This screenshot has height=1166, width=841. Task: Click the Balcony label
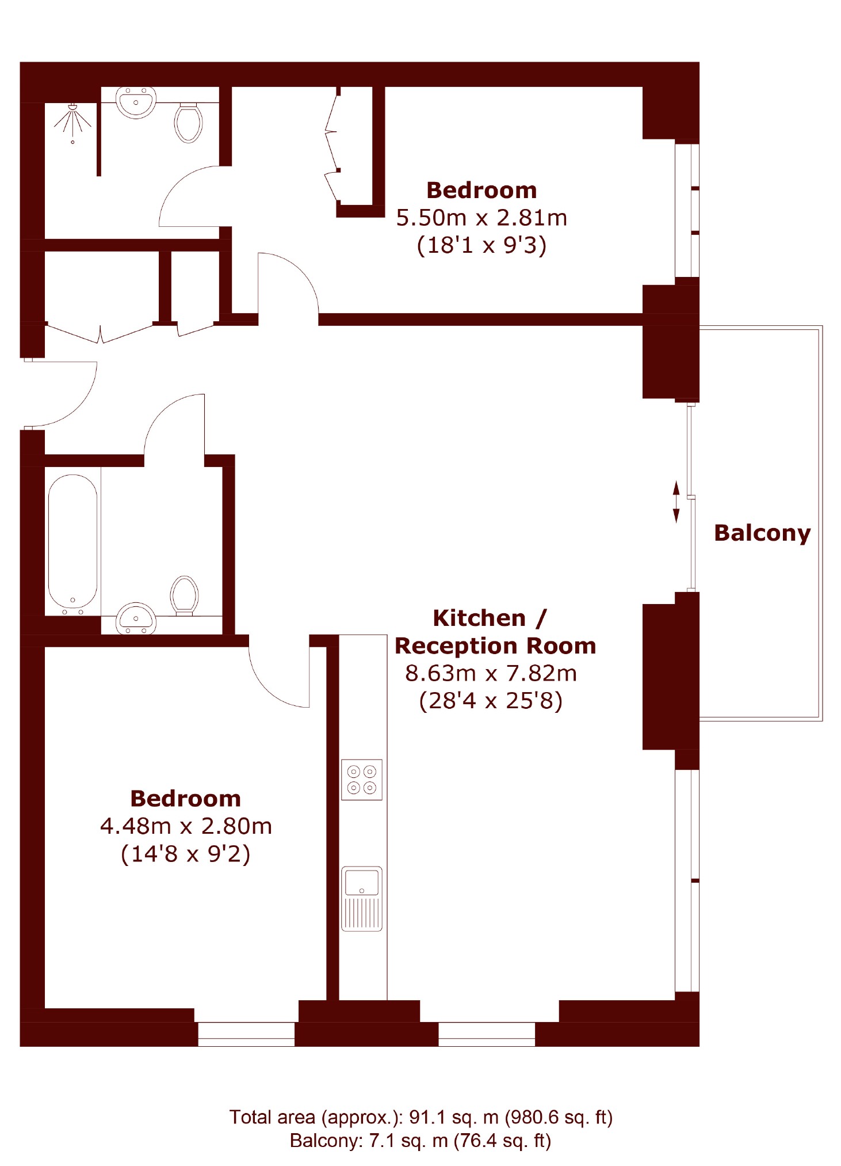click(x=762, y=533)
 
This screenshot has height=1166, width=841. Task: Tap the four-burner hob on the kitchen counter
click(x=362, y=780)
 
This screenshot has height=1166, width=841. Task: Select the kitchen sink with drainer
click(x=362, y=899)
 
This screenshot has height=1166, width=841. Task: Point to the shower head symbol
click(x=72, y=121)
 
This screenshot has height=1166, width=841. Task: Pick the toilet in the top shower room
click(x=189, y=123)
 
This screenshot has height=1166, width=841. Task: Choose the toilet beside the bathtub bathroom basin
click(x=185, y=595)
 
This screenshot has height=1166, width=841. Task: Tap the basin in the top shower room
click(x=136, y=102)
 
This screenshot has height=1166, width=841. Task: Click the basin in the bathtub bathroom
click(x=136, y=618)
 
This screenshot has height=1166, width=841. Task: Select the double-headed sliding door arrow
click(x=676, y=502)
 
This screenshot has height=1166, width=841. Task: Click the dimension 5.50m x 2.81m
click(x=481, y=218)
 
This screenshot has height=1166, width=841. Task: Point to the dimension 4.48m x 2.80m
click(x=186, y=826)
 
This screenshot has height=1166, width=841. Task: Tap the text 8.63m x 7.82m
click(x=491, y=673)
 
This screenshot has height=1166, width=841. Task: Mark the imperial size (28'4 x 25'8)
click(x=491, y=701)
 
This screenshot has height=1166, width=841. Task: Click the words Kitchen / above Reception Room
click(x=490, y=618)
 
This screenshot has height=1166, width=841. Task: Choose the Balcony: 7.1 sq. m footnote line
click(x=420, y=1141)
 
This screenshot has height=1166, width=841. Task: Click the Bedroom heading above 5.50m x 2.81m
click(x=481, y=191)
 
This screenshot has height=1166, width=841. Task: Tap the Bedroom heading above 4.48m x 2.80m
click(x=185, y=799)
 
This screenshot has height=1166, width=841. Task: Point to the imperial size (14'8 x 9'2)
click(x=185, y=854)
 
